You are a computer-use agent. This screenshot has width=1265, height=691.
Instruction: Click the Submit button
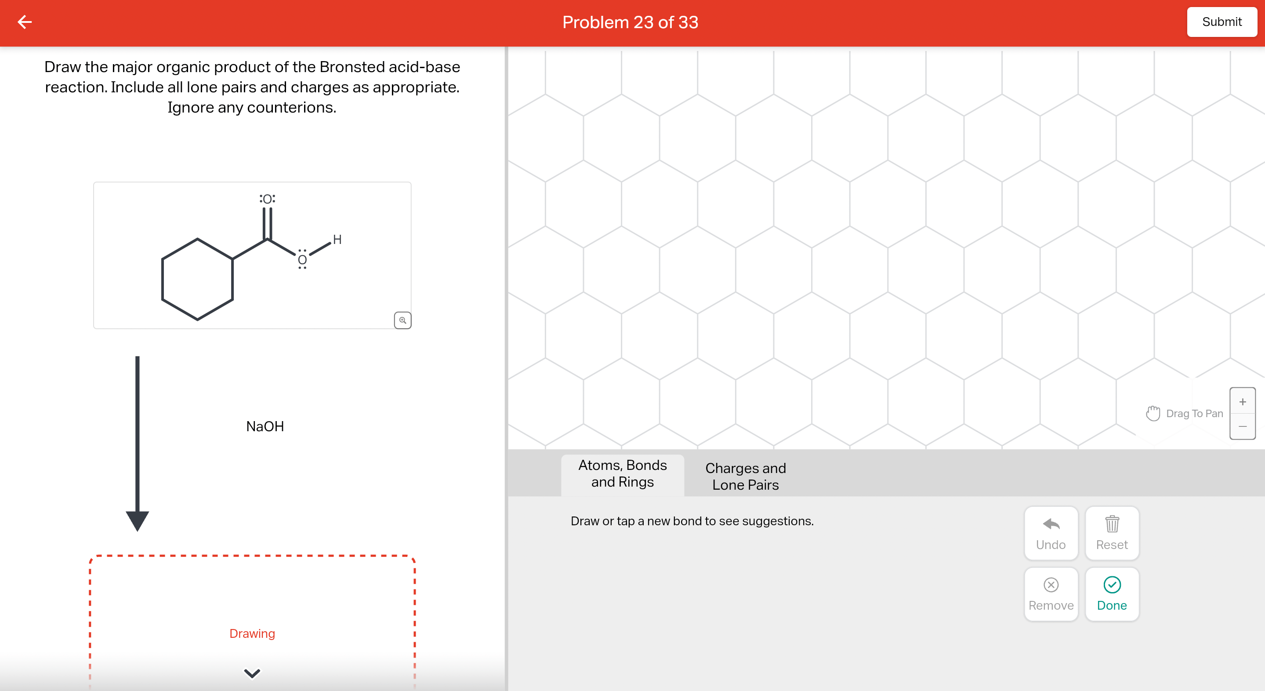click(1222, 22)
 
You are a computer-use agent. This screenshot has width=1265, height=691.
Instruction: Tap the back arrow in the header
click(25, 22)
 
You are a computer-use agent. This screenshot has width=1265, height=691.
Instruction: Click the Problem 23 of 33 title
click(630, 22)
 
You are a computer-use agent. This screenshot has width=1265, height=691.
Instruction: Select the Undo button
click(1051, 533)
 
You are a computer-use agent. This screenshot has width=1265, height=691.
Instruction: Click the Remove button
click(1051, 594)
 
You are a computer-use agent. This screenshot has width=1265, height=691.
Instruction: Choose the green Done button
click(1112, 594)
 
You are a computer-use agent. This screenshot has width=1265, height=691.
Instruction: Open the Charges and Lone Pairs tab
click(746, 476)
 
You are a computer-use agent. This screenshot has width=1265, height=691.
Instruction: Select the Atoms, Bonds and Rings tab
click(622, 474)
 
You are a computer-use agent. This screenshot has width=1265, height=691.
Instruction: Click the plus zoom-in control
click(1243, 402)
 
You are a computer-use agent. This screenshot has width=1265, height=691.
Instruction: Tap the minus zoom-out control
click(1243, 426)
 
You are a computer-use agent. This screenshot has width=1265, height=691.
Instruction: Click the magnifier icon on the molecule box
click(402, 320)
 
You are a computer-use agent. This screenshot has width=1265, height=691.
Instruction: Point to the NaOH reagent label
click(265, 426)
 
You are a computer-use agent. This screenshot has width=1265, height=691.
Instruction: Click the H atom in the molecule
click(337, 240)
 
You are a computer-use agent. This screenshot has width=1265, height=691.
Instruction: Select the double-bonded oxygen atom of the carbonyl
click(268, 199)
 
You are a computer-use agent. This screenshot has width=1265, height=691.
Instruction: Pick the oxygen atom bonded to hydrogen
click(302, 260)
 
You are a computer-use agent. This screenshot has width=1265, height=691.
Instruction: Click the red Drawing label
click(252, 633)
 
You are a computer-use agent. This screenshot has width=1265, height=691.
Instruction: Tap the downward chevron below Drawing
click(252, 673)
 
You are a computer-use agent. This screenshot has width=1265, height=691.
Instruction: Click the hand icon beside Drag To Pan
click(1153, 414)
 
